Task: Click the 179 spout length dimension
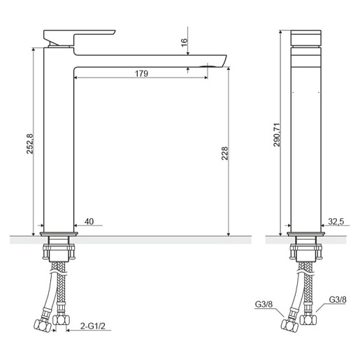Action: tap(141, 73)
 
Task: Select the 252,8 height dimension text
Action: tap(30, 144)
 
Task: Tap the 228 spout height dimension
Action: tap(224, 153)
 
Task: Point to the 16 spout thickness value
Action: tap(184, 43)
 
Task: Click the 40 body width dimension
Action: tap(89, 222)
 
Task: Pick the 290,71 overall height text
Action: tap(277, 134)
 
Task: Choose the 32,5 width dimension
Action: tap(336, 222)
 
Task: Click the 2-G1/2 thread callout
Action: tap(93, 326)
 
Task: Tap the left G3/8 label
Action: tap(264, 304)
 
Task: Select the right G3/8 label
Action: tap(338, 299)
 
